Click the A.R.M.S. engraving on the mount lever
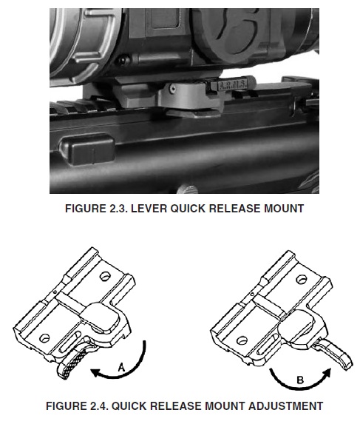[233, 85]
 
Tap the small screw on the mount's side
[172, 88]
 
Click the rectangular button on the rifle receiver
[87, 149]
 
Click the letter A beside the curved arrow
[122, 368]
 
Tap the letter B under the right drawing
[300, 380]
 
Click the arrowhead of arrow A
[95, 373]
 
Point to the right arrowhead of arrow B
[327, 372]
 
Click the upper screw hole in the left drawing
[105, 276]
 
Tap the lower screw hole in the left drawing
[44, 337]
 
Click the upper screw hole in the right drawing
[302, 279]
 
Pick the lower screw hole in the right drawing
[242, 340]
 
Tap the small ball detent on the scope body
[124, 59]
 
